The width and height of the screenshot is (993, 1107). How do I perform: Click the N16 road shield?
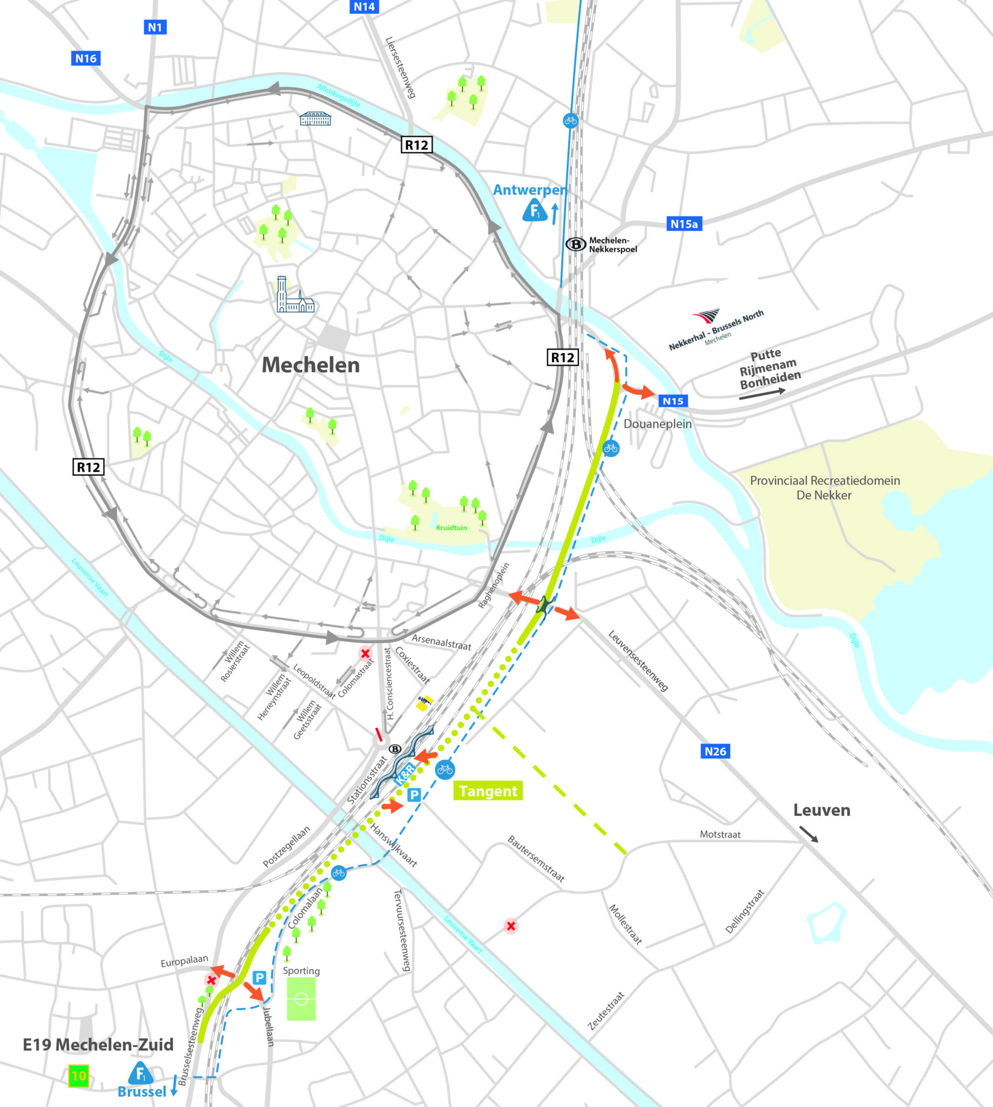click(86, 58)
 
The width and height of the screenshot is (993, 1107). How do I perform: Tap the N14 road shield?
click(364, 7)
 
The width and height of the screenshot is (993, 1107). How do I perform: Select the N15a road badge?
click(684, 224)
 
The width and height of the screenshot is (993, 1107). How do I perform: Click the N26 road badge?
click(715, 751)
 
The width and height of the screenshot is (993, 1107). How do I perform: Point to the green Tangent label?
click(488, 791)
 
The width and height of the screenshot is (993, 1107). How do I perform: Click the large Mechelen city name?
click(310, 365)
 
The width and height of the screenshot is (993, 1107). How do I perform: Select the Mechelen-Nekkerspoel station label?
click(612, 245)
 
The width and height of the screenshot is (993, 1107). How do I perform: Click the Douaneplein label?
click(657, 424)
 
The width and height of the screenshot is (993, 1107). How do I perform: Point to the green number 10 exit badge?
click(78, 1075)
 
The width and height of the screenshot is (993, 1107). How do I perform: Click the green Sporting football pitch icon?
click(301, 999)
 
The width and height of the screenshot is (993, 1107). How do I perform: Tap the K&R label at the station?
click(405, 774)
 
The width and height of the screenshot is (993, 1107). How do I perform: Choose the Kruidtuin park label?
click(452, 528)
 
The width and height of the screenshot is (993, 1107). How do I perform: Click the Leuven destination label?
click(821, 810)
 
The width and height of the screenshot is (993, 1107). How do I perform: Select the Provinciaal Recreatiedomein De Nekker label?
click(825, 488)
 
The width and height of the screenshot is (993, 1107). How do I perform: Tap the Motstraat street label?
click(720, 834)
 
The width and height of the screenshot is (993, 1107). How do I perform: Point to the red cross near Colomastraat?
click(365, 653)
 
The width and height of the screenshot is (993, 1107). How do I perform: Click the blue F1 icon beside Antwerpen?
click(535, 211)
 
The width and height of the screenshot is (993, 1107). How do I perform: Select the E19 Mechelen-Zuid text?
click(98, 1045)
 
